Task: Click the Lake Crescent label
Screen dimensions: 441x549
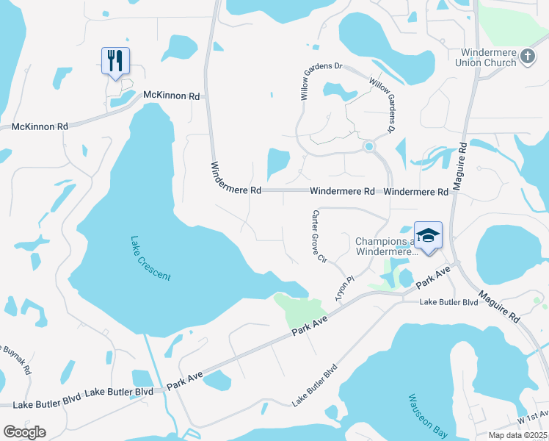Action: (x=150, y=258)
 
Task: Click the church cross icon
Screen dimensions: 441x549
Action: (x=526, y=57)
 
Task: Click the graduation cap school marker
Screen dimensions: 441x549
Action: (x=428, y=235)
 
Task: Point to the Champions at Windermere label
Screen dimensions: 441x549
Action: (x=385, y=247)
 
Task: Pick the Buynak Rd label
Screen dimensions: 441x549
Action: (x=16, y=358)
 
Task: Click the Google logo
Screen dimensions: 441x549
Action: (x=24, y=431)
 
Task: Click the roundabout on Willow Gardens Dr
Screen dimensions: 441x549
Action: (x=368, y=147)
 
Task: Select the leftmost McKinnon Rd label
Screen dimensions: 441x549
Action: (x=40, y=126)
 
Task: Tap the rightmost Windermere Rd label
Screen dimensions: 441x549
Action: (x=415, y=191)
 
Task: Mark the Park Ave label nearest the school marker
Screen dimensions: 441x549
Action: (x=433, y=278)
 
